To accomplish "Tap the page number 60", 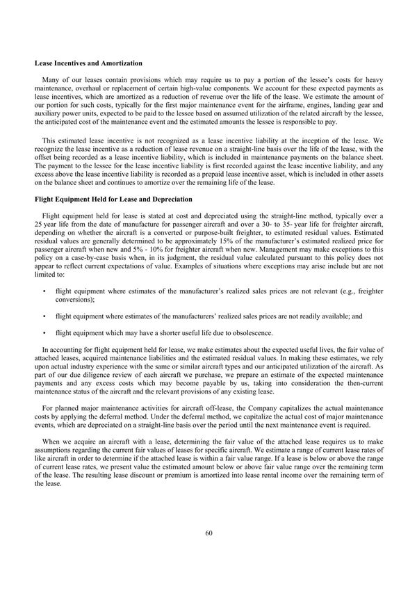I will [x=208, y=533].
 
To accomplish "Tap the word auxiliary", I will [x=48, y=113].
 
